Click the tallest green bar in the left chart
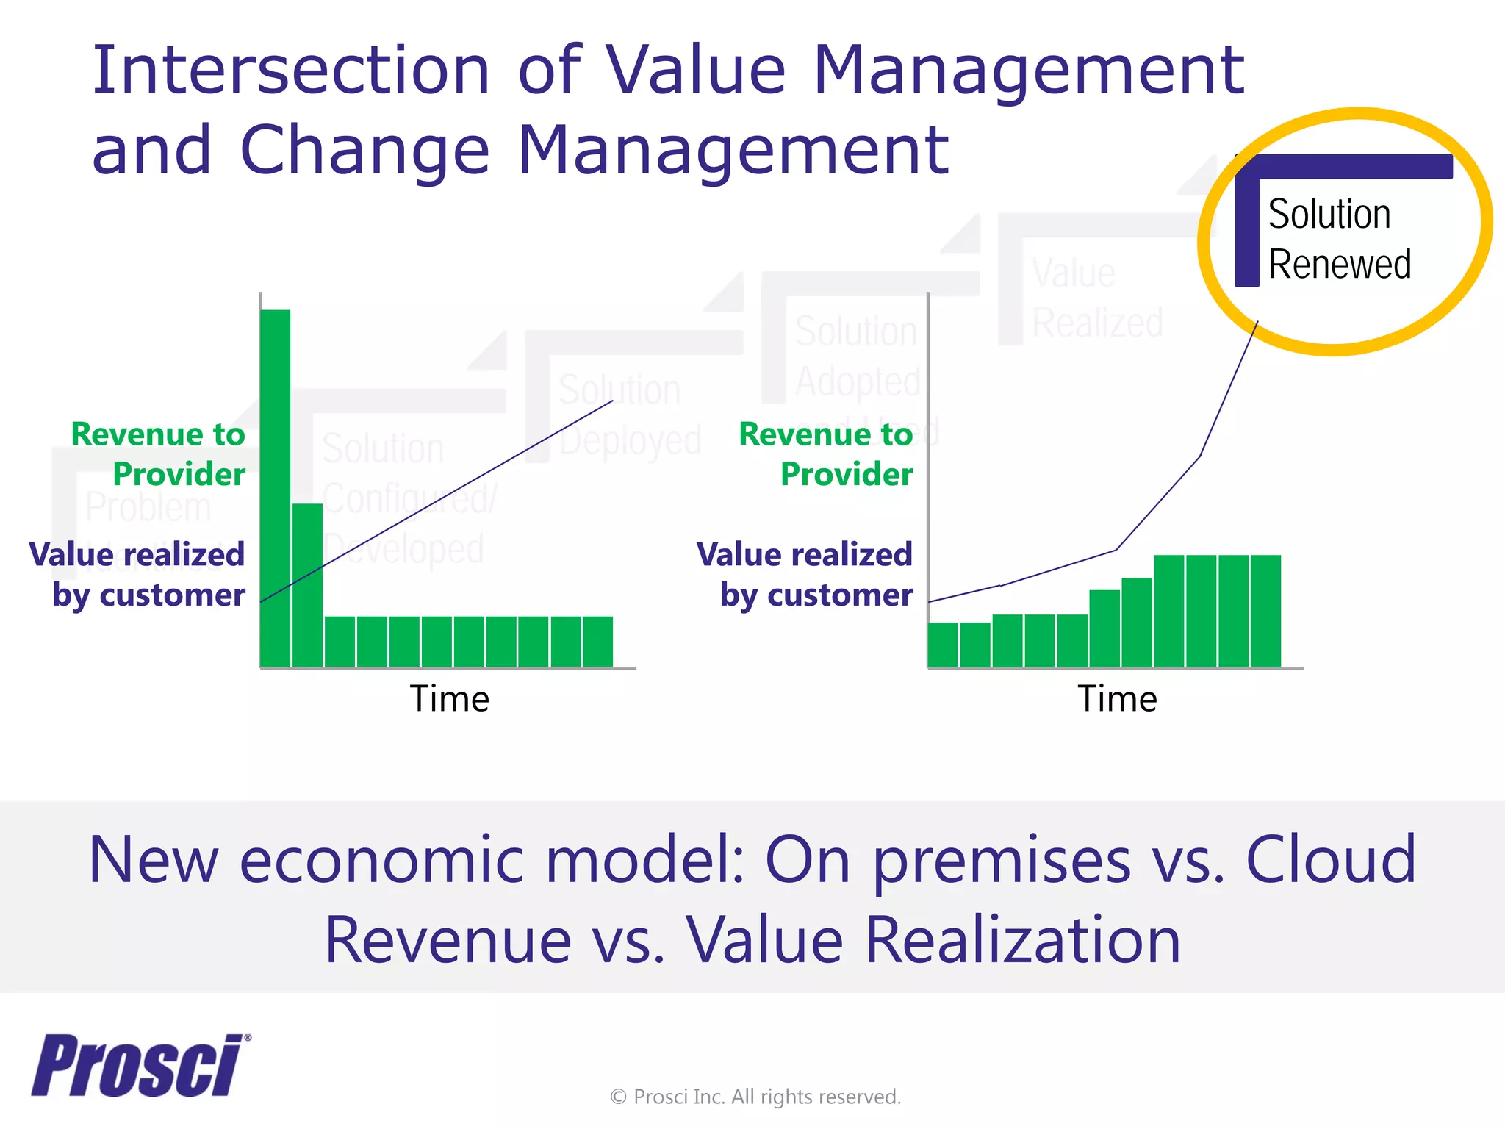(x=276, y=485)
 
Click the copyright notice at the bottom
(x=755, y=1097)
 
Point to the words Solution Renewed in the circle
(x=1339, y=239)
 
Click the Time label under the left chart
(x=449, y=698)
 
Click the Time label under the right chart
(x=1117, y=698)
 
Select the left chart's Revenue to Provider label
(x=159, y=454)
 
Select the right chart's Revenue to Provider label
(x=827, y=454)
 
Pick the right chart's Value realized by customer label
(x=805, y=574)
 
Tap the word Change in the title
(x=364, y=150)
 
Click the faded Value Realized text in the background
(x=1096, y=298)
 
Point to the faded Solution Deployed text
(x=628, y=415)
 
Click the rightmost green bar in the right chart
(x=1265, y=610)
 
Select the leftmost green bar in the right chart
(x=943, y=645)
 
